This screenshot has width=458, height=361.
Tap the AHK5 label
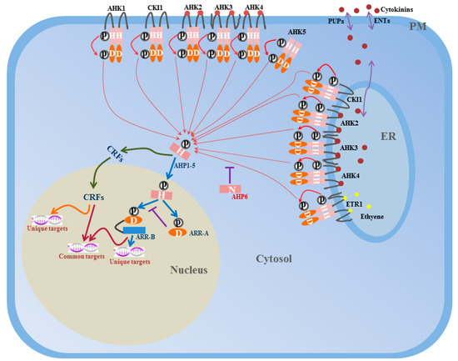pyautogui.click(x=296, y=32)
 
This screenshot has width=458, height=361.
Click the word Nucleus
pyautogui.click(x=190, y=270)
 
